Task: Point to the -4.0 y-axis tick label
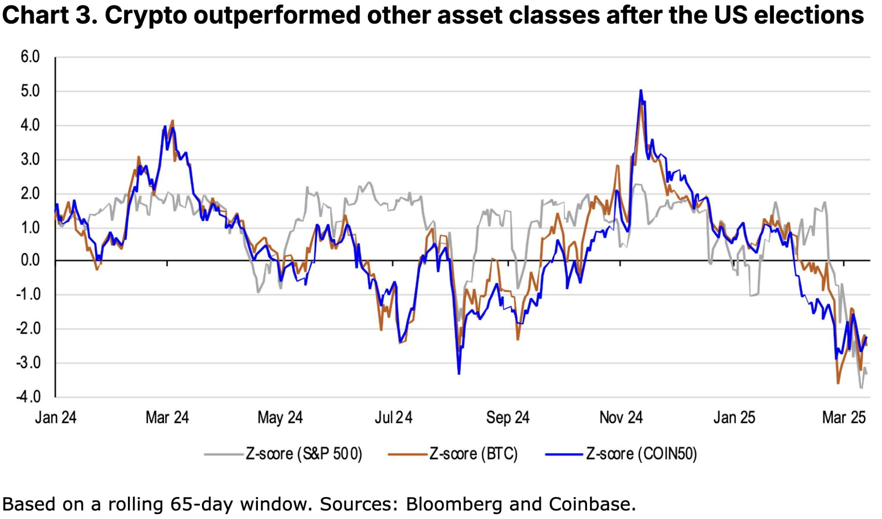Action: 28,397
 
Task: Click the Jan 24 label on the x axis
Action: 56,417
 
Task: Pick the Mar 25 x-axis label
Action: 844,417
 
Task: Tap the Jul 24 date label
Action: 393,417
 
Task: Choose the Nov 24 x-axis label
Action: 621,417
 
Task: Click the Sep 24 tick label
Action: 507,417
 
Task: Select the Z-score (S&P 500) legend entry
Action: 304,454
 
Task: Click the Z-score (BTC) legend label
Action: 473,454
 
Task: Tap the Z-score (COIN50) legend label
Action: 641,454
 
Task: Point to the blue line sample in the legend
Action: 564,454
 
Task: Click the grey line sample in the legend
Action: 223,454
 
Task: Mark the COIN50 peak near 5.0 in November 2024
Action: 641,91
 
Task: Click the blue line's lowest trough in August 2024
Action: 459,373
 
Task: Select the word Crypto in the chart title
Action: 146,16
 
